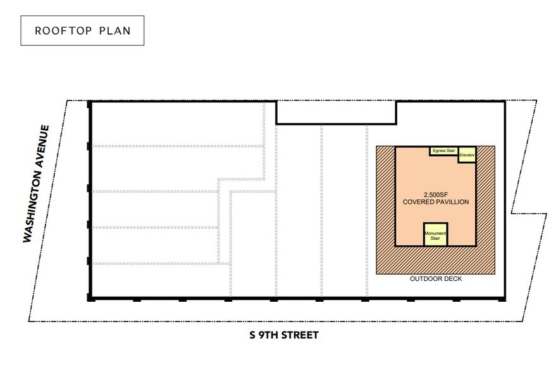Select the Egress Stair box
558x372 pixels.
(x=442, y=151)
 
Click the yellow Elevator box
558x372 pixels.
(x=467, y=154)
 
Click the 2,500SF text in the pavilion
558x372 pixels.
(x=435, y=194)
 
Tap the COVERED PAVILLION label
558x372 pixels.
(x=435, y=202)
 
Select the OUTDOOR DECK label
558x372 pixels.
(x=436, y=279)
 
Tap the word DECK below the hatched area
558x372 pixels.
(x=452, y=279)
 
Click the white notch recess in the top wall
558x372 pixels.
(x=336, y=112)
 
